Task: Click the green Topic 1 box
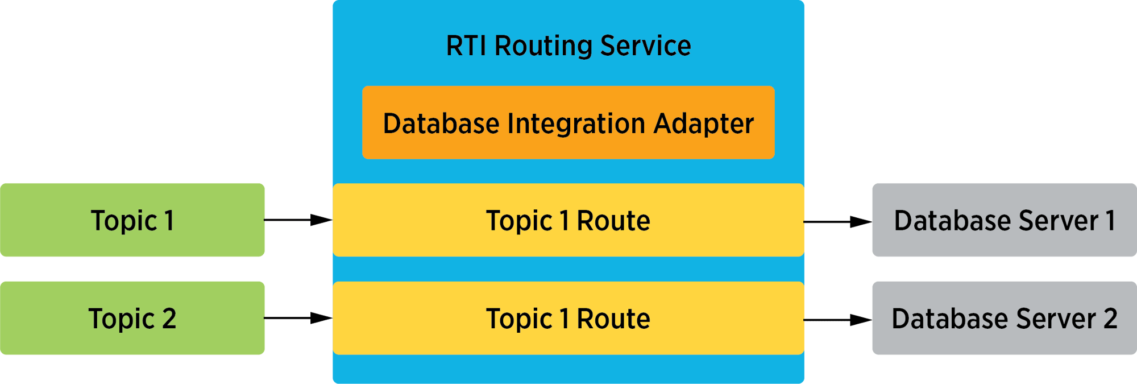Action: [132, 220]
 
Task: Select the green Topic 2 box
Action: [132, 318]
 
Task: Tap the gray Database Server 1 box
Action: [1004, 220]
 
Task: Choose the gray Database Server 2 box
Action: [1004, 318]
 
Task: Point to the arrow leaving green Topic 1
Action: [298, 220]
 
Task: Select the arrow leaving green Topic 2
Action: [298, 318]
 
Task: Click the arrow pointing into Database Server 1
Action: [838, 222]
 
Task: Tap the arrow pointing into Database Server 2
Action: [838, 320]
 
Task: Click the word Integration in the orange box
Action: [576, 124]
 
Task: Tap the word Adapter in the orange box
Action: [703, 124]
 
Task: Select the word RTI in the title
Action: [466, 46]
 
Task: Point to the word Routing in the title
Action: [543, 46]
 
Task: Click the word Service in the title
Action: [645, 46]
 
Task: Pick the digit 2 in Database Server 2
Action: [1110, 319]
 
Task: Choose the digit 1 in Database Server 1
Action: [1110, 221]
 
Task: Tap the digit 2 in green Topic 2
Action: [169, 319]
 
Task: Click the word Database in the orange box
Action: [441, 124]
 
